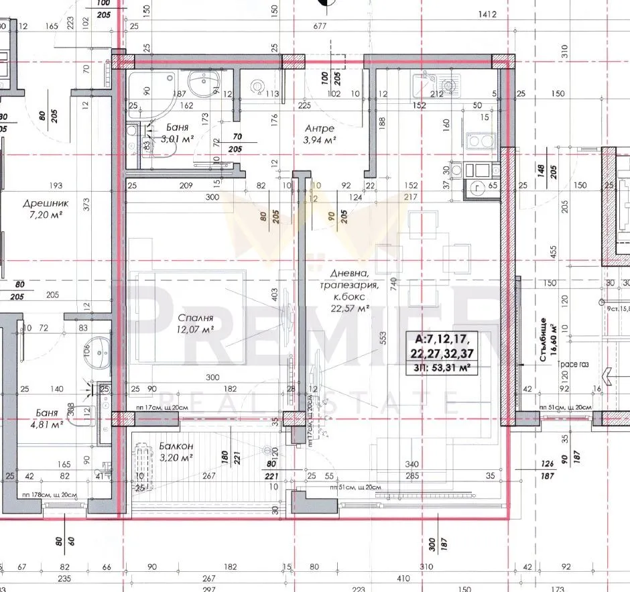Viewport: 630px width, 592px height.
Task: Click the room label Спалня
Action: click(196, 318)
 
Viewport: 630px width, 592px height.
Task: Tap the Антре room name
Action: click(319, 129)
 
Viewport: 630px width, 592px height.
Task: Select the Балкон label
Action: click(176, 446)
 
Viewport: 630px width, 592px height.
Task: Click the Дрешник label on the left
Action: click(43, 204)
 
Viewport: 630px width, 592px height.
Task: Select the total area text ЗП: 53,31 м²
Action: click(446, 367)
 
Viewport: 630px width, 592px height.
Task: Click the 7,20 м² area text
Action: click(42, 215)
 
